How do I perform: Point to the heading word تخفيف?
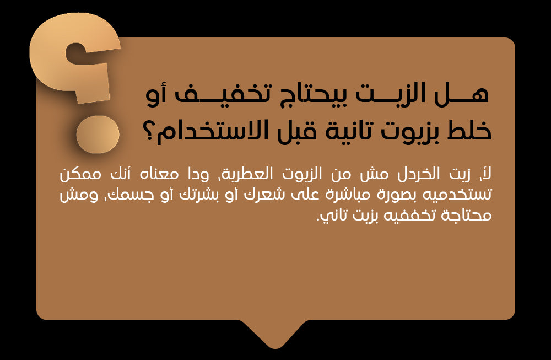tap(219, 95)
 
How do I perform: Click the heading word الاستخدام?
tap(215, 131)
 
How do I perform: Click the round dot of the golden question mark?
tap(98, 135)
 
